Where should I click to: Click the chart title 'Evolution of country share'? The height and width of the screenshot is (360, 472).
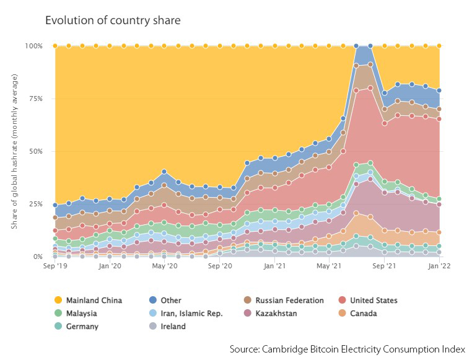113,20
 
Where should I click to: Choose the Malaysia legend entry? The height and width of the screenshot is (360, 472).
81,314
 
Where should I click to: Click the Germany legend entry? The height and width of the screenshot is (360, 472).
81,327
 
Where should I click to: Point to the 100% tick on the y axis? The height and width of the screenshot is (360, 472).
33,46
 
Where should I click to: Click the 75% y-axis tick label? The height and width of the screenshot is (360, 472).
35,99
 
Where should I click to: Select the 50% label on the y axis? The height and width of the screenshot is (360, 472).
35,151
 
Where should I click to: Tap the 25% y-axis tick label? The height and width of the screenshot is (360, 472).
35,204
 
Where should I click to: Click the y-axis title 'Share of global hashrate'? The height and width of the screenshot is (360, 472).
14,151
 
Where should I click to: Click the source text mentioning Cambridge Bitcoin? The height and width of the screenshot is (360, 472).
347,349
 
